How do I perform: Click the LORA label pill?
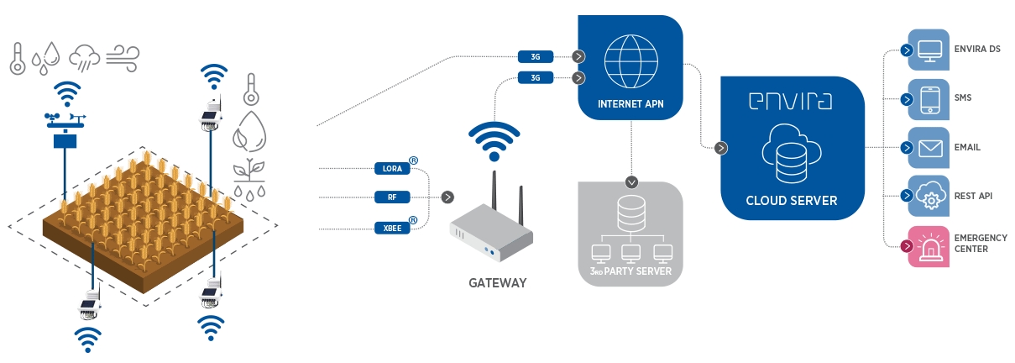coord(392,169)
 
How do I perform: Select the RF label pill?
coord(392,197)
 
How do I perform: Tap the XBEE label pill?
coord(392,228)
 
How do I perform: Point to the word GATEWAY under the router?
coord(497,283)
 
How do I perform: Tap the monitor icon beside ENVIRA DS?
coord(929,50)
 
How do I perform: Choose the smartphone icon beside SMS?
coord(929,99)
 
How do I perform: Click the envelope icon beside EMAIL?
coord(929,148)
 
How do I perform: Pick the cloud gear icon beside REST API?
coord(929,197)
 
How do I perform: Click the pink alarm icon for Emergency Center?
coord(929,246)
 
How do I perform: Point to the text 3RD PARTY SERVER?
coord(630,271)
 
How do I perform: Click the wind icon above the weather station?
coord(123,57)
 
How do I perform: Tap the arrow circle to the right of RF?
coord(447,197)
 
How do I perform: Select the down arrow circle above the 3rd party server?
coord(632,181)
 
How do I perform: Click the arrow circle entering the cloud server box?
coord(720,149)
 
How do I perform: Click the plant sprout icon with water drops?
coord(249,177)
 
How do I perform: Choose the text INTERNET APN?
coord(630,105)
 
